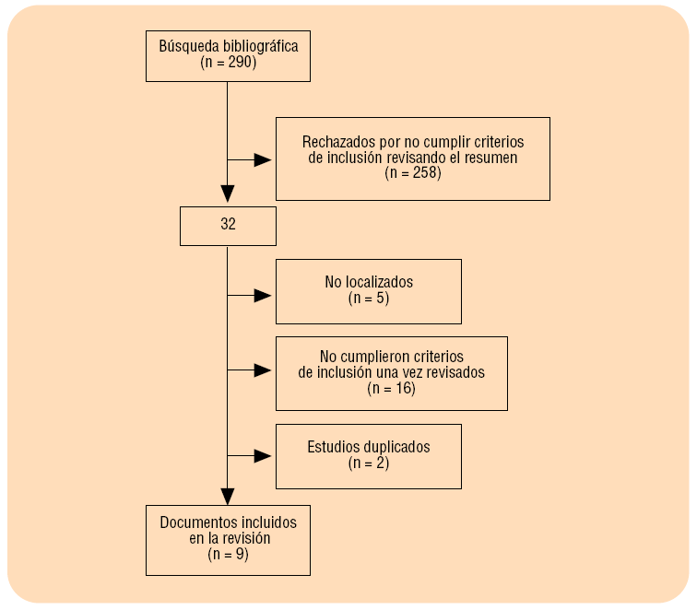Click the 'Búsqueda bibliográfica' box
pos(228,55)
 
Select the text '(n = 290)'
pos(228,64)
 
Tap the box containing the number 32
pos(228,226)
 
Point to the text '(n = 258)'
pos(413,172)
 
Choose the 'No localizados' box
pos(368,291)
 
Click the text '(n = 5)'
pos(368,299)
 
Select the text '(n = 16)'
pos(392,389)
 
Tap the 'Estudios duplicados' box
pos(368,455)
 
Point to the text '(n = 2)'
pos(369,463)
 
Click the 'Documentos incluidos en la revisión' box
pos(228,540)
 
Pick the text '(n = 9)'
pos(228,555)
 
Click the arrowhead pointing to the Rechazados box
pos(264,159)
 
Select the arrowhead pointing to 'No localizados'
pos(264,296)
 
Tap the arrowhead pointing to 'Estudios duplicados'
pos(264,455)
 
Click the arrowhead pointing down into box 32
pos(228,194)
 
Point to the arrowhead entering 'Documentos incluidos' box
pos(228,496)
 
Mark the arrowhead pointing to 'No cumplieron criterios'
pos(264,370)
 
